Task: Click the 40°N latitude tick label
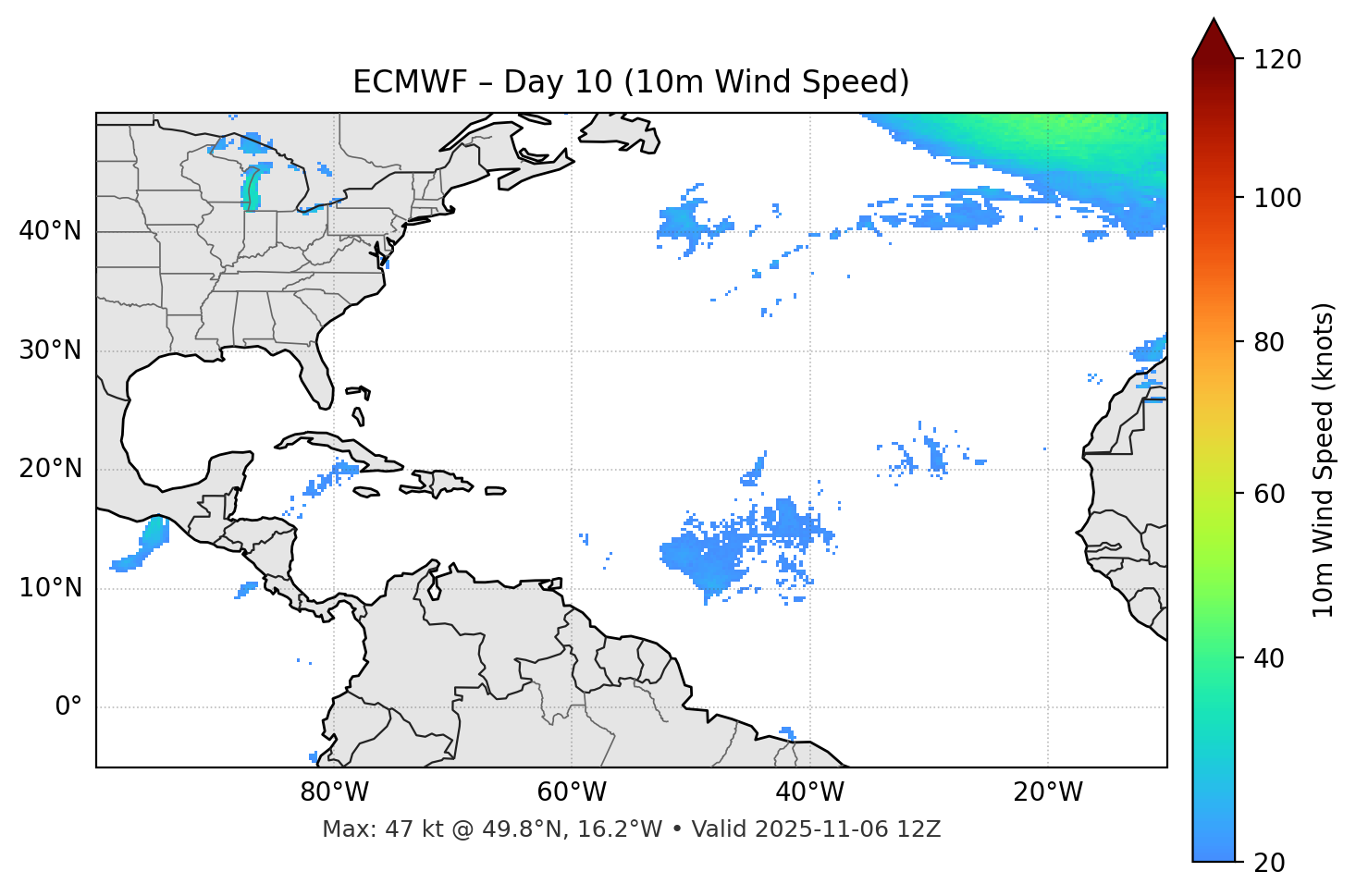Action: pyautogui.click(x=50, y=231)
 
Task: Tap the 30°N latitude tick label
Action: pyautogui.click(x=50, y=350)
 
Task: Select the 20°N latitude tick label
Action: pyautogui.click(x=50, y=469)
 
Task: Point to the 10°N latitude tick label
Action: pyautogui.click(x=50, y=588)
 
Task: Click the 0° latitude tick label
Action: pyautogui.click(x=68, y=707)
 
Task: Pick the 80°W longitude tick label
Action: pyautogui.click(x=334, y=792)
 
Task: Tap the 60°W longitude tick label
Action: pyautogui.click(x=572, y=792)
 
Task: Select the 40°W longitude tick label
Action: pyautogui.click(x=810, y=792)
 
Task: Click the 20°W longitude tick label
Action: pyautogui.click(x=1048, y=792)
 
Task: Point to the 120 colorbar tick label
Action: pyautogui.click(x=1277, y=59)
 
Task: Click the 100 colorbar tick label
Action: pyautogui.click(x=1277, y=198)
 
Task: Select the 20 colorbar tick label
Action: pyautogui.click(x=1271, y=863)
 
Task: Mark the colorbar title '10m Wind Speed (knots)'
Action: pyautogui.click(x=1324, y=460)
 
